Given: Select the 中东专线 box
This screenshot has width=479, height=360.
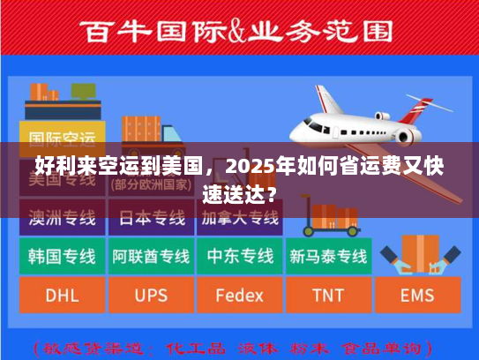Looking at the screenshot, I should pyautogui.click(x=239, y=257).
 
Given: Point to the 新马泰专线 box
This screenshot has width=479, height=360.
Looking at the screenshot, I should pyautogui.click(x=328, y=257).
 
